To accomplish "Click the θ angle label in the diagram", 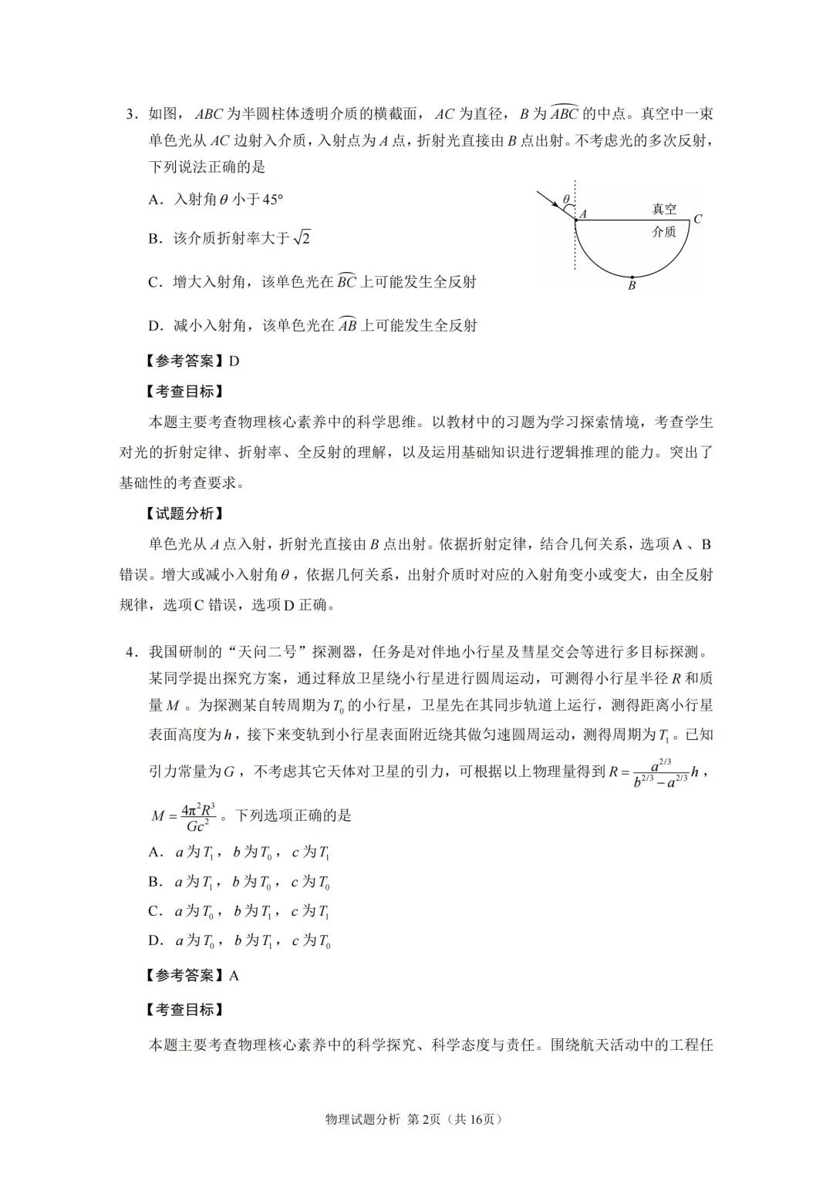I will click(565, 199).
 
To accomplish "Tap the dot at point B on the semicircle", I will click(632, 277).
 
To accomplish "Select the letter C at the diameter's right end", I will click(697, 219).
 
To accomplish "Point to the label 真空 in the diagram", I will click(663, 209).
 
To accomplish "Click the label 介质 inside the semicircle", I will click(663, 231).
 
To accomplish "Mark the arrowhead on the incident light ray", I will click(555, 204).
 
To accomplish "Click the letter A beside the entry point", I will click(583, 214).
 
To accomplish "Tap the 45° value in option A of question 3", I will click(272, 200).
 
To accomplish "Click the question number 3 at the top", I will click(130, 115).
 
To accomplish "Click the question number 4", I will click(130, 652).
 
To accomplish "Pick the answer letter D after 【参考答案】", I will click(234, 361).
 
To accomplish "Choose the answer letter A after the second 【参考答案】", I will click(234, 976).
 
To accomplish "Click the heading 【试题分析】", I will click(184, 513).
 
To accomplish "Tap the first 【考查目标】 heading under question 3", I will click(184, 392).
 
